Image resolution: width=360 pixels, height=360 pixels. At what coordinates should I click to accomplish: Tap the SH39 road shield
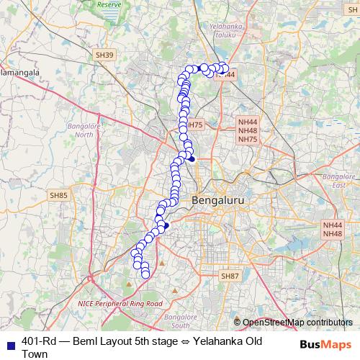104,55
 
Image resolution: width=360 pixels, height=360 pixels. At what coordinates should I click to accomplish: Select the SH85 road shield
58,195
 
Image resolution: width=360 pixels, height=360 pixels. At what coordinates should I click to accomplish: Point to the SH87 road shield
229,276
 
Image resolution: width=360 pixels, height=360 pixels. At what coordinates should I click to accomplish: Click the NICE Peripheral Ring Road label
120,304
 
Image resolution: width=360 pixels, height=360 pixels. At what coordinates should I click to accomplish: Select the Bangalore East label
336,181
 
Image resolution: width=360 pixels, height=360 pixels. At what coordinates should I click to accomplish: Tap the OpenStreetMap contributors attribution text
297,323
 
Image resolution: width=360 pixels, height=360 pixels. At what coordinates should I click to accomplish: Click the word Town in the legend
35,354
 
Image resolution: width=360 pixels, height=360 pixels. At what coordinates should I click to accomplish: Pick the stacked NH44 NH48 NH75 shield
247,130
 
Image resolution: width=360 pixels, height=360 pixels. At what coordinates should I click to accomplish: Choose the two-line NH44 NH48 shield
332,229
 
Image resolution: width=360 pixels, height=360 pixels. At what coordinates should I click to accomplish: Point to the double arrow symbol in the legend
185,341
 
